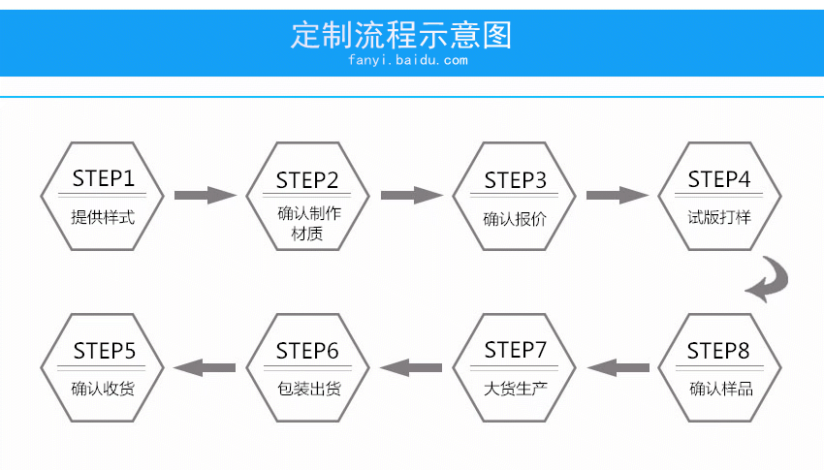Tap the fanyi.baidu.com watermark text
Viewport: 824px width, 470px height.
click(x=407, y=60)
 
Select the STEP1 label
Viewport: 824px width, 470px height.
click(x=103, y=178)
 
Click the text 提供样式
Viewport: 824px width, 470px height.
click(x=103, y=217)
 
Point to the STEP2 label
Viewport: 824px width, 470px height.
click(x=307, y=180)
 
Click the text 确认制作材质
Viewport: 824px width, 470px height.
click(x=307, y=223)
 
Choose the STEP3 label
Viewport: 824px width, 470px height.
click(x=516, y=180)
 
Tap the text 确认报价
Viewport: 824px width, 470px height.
click(x=516, y=218)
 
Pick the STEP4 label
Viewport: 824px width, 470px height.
click(x=719, y=179)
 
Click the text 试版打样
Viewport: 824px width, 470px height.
click(x=719, y=217)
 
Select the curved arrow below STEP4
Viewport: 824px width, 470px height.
click(x=768, y=279)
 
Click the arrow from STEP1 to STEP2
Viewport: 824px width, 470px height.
click(x=205, y=195)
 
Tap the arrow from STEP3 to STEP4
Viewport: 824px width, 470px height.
click(x=618, y=195)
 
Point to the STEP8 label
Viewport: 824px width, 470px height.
click(x=719, y=351)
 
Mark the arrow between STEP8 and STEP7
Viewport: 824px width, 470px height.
click(x=618, y=367)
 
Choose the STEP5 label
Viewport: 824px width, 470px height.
click(x=104, y=351)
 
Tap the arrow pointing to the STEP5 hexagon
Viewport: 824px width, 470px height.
click(x=205, y=367)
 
